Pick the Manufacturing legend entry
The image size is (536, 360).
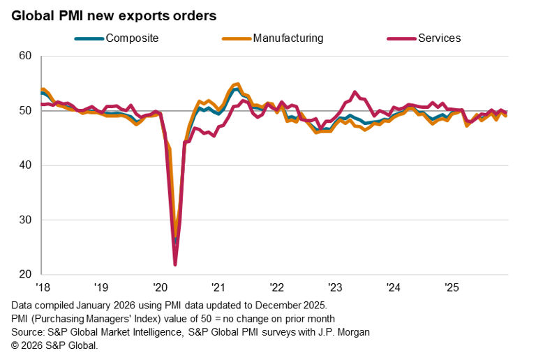(288, 38)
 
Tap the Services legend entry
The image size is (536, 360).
(439, 38)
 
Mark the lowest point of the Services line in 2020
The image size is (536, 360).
(175, 264)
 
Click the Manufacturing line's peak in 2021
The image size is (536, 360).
(238, 84)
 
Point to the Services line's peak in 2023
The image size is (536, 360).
(355, 91)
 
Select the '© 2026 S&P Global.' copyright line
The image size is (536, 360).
(55, 345)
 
